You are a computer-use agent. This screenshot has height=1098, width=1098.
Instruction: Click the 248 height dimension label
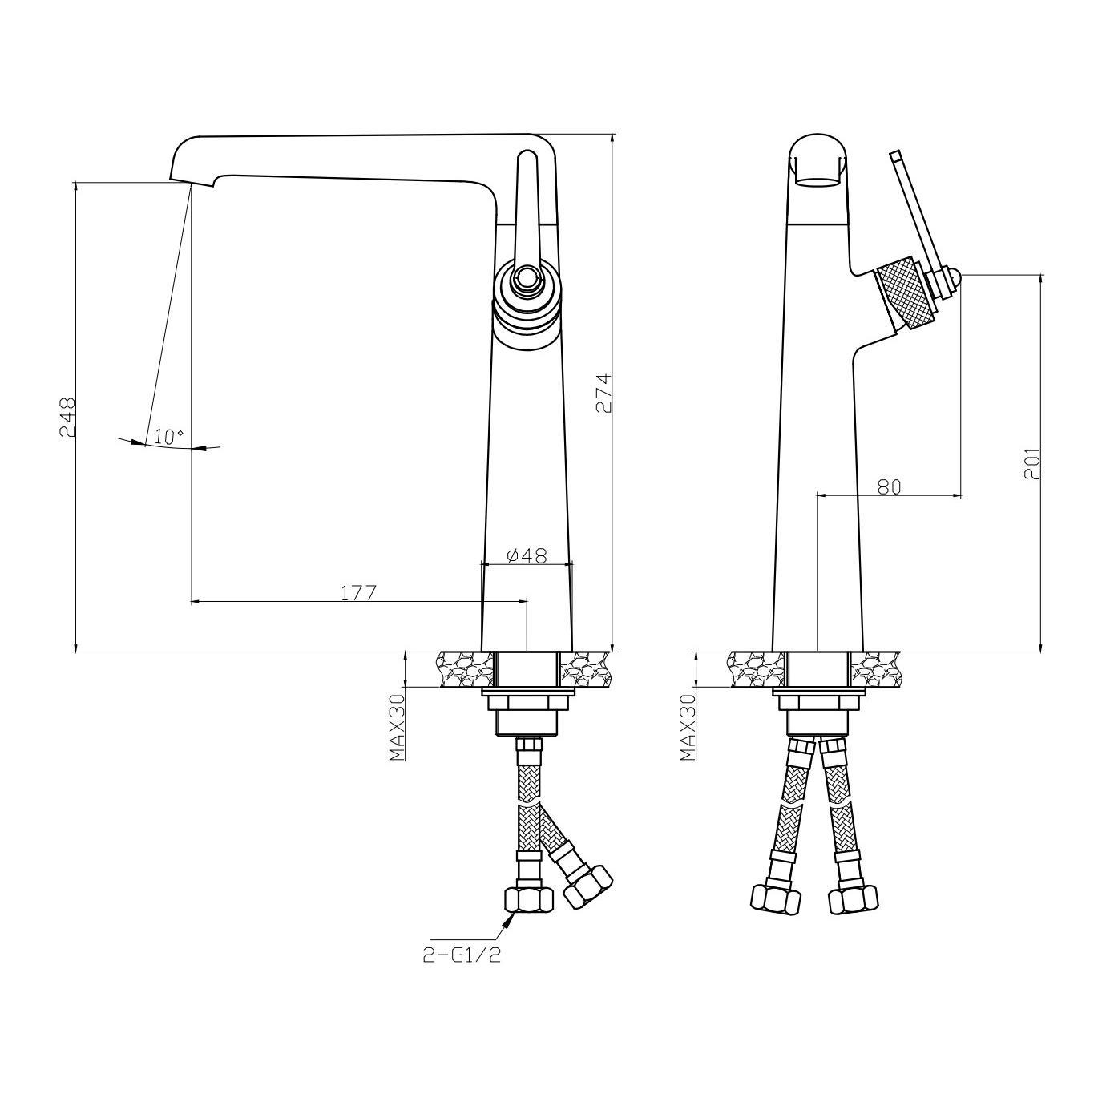coord(67,417)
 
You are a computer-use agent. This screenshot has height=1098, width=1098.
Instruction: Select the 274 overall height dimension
coord(603,394)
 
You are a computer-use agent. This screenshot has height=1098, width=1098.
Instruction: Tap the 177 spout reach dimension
coord(359,592)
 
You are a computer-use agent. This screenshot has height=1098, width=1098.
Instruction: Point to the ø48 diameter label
coord(526,555)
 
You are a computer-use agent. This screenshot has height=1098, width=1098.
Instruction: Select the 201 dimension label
coord(1032,462)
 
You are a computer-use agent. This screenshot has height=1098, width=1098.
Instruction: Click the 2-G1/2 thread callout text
coord(462,955)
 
